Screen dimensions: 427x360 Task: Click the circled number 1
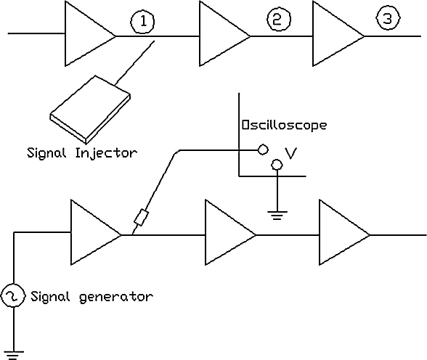click(x=142, y=22)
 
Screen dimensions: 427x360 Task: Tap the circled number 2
click(x=278, y=20)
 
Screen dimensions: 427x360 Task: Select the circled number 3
click(x=388, y=18)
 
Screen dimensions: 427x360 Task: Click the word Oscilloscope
click(x=284, y=125)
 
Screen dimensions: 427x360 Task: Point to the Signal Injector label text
click(x=82, y=153)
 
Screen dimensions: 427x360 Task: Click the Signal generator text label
click(x=91, y=296)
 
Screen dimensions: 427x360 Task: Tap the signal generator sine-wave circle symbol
click(x=13, y=296)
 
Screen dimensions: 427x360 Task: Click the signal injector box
click(x=90, y=110)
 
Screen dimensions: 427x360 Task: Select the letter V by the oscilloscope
click(x=290, y=152)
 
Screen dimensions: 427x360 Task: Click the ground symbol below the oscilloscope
click(x=277, y=216)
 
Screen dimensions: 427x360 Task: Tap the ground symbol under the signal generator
click(x=13, y=356)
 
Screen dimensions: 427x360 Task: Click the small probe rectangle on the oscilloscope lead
click(x=142, y=217)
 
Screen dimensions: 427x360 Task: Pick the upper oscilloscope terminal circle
click(x=263, y=150)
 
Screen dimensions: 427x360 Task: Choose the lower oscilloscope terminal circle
click(x=277, y=165)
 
